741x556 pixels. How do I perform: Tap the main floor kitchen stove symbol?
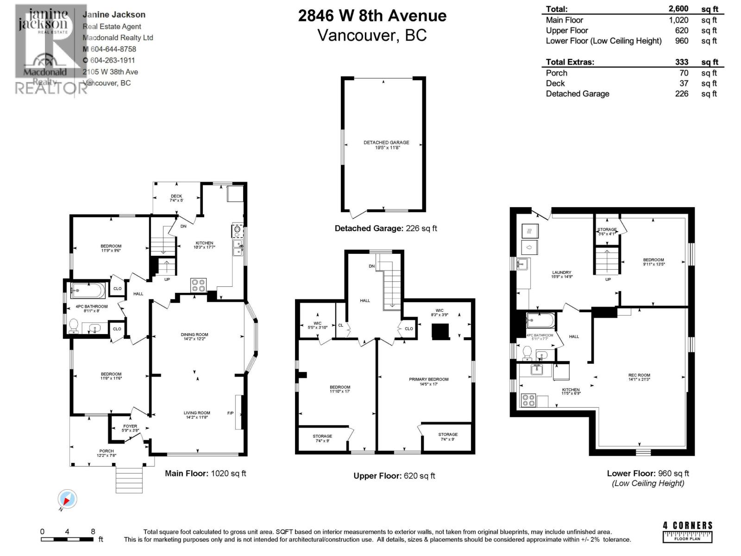click(199, 284)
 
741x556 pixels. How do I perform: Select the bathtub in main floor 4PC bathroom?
click(88, 291)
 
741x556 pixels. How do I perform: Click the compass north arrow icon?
click(67, 499)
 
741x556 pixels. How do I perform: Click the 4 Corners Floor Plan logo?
click(687, 531)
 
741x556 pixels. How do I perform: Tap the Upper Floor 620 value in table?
click(681, 31)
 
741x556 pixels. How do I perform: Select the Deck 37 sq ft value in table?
click(684, 83)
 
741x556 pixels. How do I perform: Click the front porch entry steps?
click(129, 480)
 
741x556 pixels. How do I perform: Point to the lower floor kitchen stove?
click(528, 400)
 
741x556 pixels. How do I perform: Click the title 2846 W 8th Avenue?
click(372, 16)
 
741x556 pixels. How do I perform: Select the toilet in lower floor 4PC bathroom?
click(527, 354)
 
